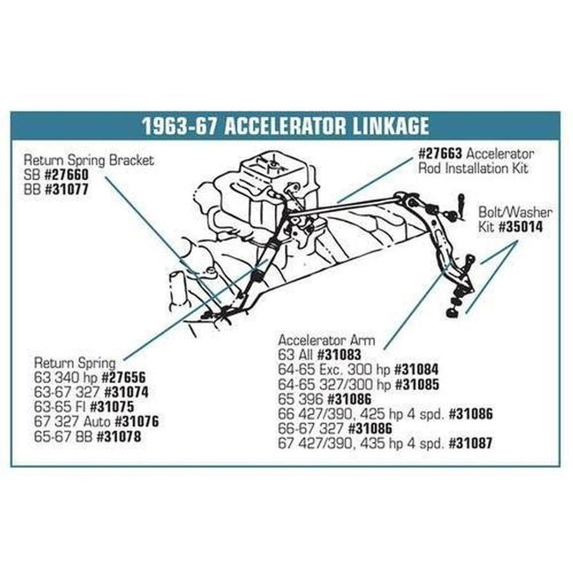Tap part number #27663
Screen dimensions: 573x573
[440, 154]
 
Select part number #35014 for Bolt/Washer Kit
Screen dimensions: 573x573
[521, 227]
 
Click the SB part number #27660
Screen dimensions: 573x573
[66, 174]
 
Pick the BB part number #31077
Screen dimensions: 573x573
[66, 190]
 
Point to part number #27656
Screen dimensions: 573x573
[124, 378]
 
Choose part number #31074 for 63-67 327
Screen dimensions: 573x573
[127, 392]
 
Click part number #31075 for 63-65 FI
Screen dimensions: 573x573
[112, 407]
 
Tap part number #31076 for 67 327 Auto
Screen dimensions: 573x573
[137, 421]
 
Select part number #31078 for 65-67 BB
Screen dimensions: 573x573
[118, 437]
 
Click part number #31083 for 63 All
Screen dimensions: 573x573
[339, 355]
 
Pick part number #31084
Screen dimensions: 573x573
[416, 369]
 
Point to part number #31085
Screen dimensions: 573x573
[417, 385]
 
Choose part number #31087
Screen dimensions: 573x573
[470, 443]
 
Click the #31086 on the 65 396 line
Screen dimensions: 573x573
[349, 399]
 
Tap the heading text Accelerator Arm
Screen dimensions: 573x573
[327, 340]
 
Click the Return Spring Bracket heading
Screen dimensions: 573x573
[88, 160]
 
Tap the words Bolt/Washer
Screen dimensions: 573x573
[515, 212]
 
